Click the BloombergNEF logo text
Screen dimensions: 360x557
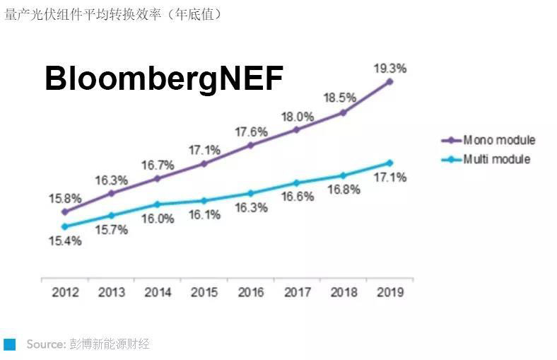[x=164, y=79]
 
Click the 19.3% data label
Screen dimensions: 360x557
[x=389, y=69]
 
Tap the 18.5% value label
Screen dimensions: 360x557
[x=342, y=96]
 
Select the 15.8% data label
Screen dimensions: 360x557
[x=64, y=197]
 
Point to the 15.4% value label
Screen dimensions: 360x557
[x=64, y=241]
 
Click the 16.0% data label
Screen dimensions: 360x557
[x=157, y=219]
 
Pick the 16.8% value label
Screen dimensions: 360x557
[x=344, y=190]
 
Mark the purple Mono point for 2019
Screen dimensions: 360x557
[x=389, y=82]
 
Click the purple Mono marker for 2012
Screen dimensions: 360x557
[x=64, y=211]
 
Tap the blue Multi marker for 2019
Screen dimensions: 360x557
[x=389, y=163]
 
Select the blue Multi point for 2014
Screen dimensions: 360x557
[x=157, y=204]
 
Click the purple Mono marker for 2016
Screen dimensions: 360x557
[x=250, y=145]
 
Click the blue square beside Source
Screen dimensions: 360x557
[x=9, y=344]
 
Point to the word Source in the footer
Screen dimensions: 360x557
[x=45, y=344]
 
